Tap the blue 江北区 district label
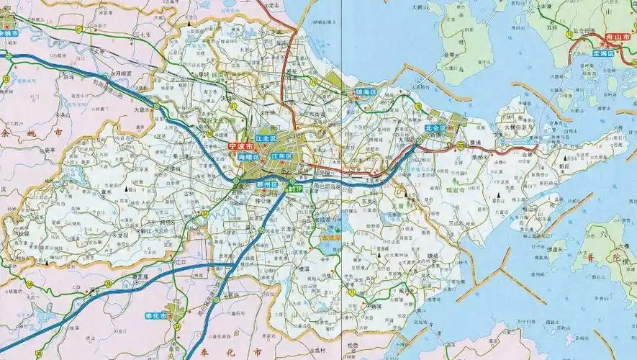266,138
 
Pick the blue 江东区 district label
281,156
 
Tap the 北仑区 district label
435,128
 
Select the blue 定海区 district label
603,53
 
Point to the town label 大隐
140,110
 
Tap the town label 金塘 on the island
450,54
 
